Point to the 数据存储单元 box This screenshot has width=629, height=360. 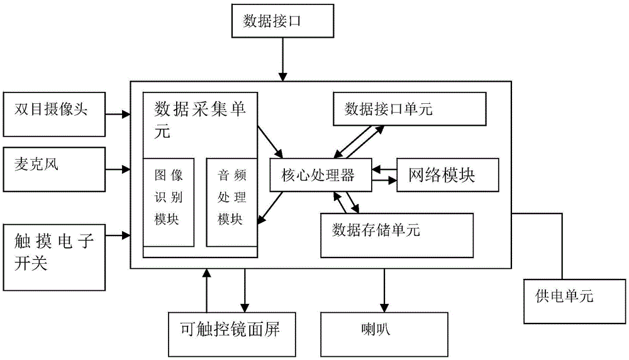point(396,235)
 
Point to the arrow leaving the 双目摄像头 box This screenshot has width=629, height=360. point(117,115)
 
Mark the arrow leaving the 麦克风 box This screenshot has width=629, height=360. point(117,169)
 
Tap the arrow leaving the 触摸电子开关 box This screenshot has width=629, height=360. point(117,236)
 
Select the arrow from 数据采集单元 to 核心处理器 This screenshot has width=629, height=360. point(269,140)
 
